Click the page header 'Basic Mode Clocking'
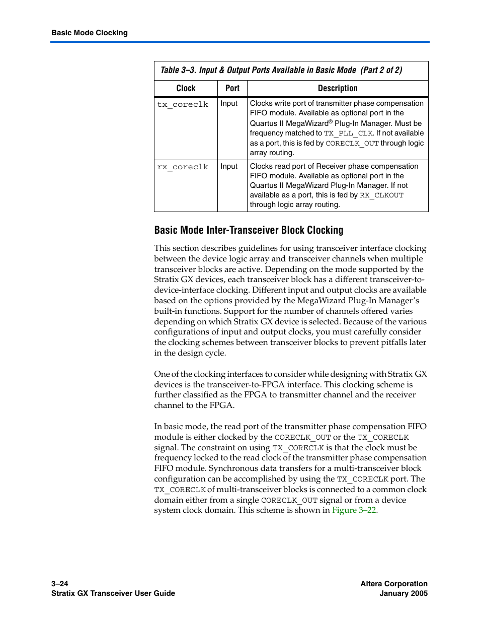[x=90, y=33]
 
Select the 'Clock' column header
[x=186, y=88]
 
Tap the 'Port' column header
[x=232, y=88]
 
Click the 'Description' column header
[x=338, y=88]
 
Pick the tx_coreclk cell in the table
[x=183, y=104]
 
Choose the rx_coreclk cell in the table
[x=183, y=167]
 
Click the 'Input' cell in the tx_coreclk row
[x=229, y=103]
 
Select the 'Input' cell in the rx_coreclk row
[x=229, y=166]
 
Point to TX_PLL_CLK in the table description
[x=349, y=133]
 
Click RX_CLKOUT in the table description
[x=381, y=195]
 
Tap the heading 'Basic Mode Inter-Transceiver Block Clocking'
[x=249, y=230]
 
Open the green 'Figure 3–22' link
[x=354, y=510]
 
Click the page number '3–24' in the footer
[x=60, y=584]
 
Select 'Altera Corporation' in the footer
[x=394, y=584]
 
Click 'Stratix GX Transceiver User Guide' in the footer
[x=113, y=593]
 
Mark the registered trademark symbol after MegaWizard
[x=331, y=121]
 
